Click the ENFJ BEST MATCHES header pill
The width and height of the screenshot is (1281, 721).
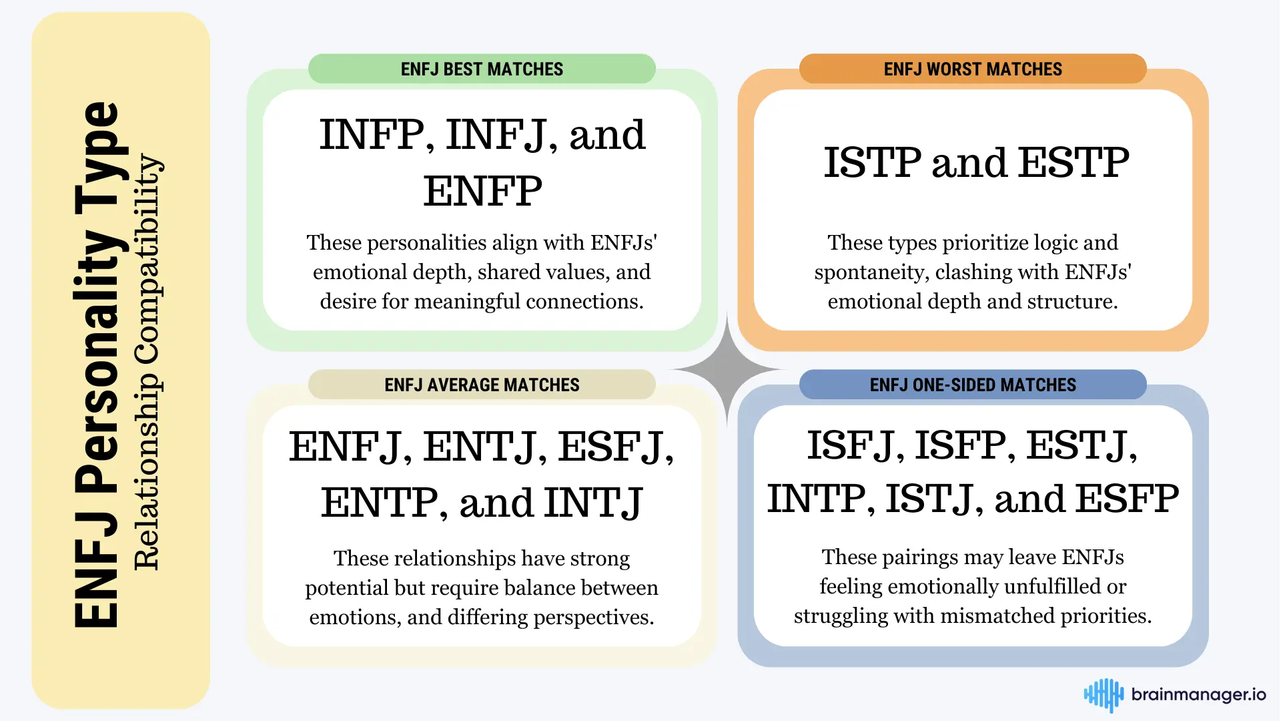(482, 69)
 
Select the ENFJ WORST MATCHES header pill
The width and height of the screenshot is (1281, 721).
(973, 69)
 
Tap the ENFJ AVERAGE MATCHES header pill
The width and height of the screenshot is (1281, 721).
(482, 385)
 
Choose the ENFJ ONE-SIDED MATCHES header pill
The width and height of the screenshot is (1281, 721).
(973, 385)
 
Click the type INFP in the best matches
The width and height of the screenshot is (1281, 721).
(372, 135)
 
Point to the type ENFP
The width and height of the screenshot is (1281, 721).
(482, 191)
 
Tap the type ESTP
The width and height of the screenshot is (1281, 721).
(1074, 162)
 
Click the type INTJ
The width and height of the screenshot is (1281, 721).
(593, 503)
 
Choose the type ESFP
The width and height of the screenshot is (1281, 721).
(1128, 499)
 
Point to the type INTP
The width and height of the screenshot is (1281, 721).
(817, 499)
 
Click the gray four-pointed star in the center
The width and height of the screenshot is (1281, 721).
(727, 369)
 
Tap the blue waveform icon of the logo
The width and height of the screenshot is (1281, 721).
(1104, 695)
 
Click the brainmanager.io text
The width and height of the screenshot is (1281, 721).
(1199, 695)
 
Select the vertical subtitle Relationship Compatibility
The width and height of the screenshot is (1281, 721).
(147, 362)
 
